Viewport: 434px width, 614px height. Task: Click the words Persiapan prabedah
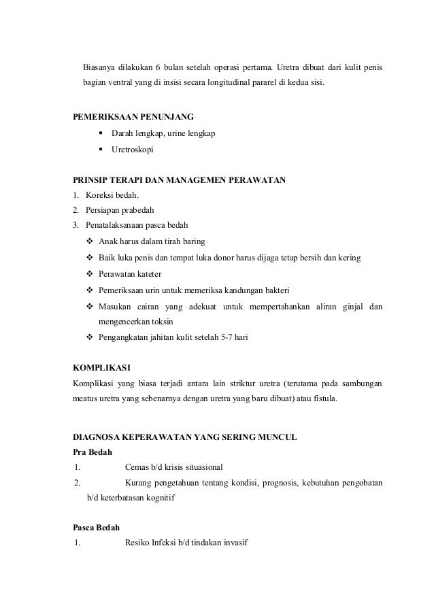tap(115, 210)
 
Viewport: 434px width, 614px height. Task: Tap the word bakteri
tap(272, 290)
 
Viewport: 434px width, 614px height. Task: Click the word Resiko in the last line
tap(139, 544)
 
